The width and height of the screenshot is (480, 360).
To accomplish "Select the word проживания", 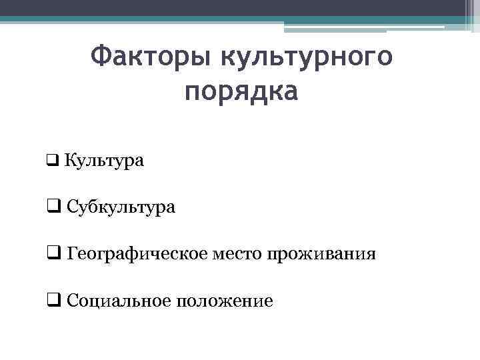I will point(321,255).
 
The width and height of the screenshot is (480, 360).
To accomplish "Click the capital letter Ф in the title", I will point(99,57).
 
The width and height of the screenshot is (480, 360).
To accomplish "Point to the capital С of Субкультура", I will point(72,207).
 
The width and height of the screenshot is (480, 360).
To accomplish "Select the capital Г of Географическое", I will point(71,254).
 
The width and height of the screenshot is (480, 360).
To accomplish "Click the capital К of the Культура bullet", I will point(71,161).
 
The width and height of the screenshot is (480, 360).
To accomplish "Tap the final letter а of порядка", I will point(289,92).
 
